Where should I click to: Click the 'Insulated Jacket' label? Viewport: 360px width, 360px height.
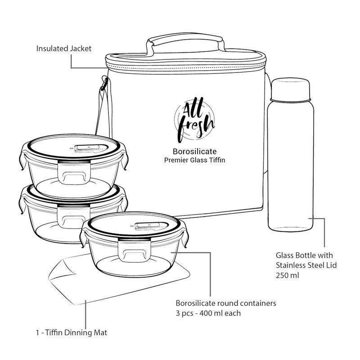(63, 48)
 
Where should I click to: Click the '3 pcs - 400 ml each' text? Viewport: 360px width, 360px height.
(209, 312)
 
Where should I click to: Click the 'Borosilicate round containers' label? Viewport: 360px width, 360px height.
(225, 303)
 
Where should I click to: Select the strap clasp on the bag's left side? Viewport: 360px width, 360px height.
(104, 85)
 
